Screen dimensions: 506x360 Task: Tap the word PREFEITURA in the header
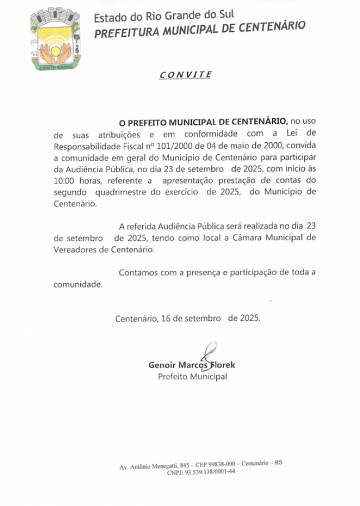click(123, 33)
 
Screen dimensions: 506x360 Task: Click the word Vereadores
click(75, 249)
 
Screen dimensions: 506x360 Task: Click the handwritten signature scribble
click(208, 355)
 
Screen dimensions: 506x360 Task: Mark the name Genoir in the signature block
click(162, 366)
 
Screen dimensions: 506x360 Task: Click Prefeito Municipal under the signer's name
click(192, 377)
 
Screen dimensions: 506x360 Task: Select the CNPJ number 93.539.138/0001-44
click(210, 471)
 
